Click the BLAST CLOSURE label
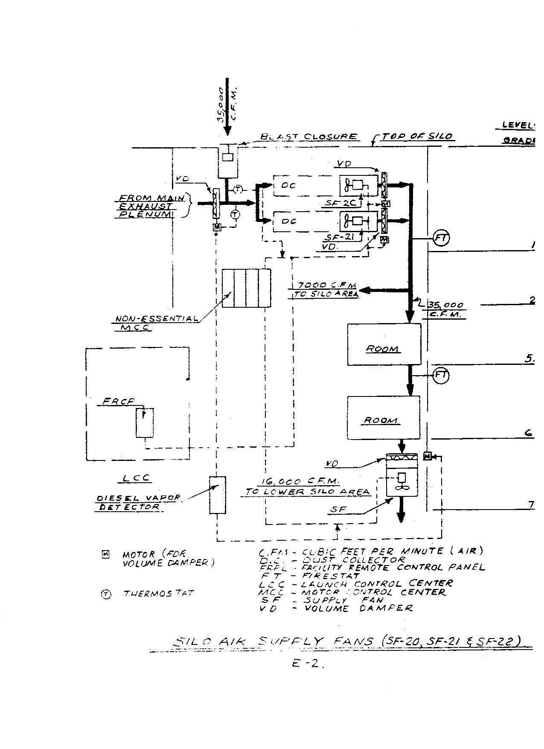(x=309, y=137)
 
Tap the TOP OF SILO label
(x=417, y=137)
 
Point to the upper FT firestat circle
(x=441, y=238)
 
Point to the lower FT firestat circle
(x=441, y=376)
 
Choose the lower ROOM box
(x=383, y=417)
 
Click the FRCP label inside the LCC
(x=118, y=402)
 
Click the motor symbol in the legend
(x=105, y=555)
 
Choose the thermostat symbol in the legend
(x=105, y=595)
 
